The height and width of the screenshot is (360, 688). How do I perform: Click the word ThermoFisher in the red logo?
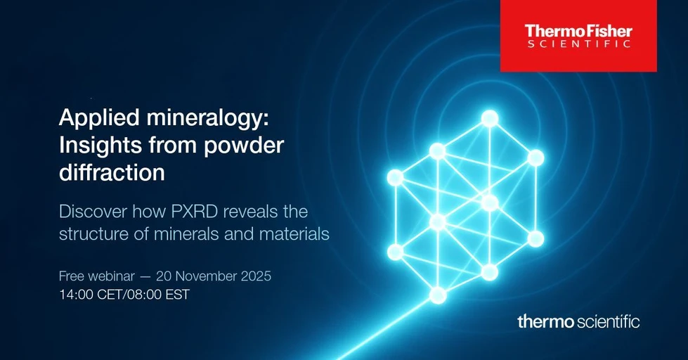click(578, 31)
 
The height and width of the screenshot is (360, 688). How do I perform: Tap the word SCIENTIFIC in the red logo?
click(578, 44)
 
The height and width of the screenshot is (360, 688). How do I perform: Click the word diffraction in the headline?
click(112, 172)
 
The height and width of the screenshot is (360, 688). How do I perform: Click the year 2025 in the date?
click(256, 276)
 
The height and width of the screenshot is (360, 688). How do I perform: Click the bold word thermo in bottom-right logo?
click(545, 322)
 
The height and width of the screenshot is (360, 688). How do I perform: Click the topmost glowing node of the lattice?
click(489, 118)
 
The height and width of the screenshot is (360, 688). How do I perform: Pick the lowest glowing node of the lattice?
click(438, 295)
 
